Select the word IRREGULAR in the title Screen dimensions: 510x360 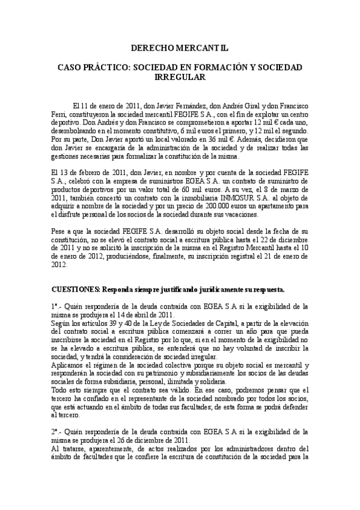tap(180, 78)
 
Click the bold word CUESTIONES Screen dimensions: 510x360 tap(76, 288)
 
